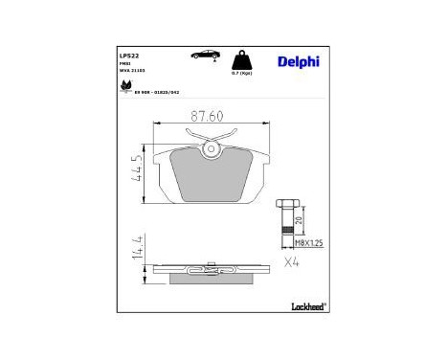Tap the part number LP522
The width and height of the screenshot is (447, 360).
[127, 55]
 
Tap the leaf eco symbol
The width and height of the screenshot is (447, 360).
[124, 86]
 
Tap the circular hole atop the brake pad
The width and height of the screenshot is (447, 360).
[211, 147]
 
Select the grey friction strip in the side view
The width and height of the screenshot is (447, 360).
[211, 281]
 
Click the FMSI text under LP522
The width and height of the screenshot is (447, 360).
[124, 63]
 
